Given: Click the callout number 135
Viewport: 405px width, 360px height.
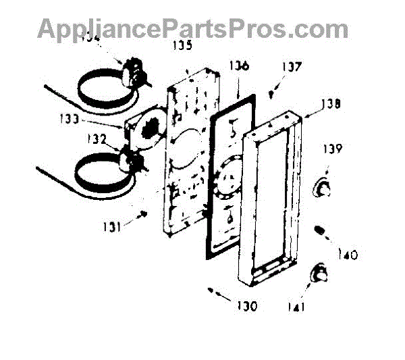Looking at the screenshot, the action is [x=182, y=46].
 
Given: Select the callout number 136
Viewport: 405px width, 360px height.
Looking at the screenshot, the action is [x=239, y=66].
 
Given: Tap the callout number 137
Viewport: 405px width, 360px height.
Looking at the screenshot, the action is [x=292, y=67].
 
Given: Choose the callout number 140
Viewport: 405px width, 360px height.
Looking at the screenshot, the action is [x=346, y=255].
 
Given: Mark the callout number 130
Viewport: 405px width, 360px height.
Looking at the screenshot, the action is [x=246, y=306].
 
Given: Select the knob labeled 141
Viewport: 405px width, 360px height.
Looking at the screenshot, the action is [x=319, y=274].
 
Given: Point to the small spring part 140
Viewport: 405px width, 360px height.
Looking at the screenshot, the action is [x=322, y=233].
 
